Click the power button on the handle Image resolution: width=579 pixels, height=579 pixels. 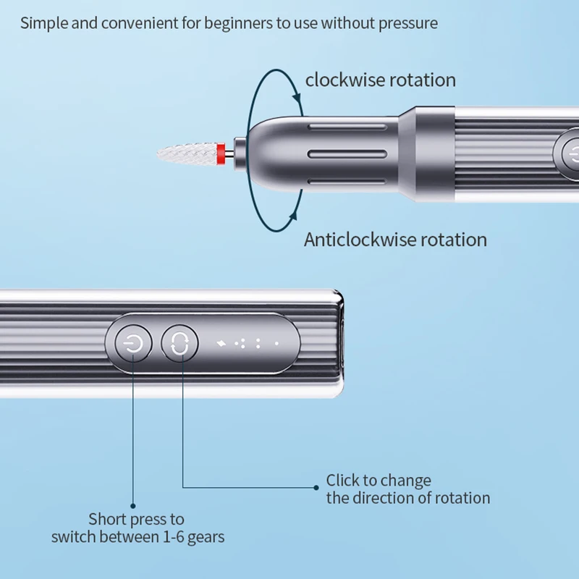133,344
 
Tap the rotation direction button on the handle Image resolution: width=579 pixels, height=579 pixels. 179,344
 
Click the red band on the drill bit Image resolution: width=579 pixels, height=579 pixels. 221,154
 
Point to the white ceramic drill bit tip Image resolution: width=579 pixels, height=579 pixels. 187,153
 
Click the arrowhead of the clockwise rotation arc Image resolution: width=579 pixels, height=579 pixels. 297,98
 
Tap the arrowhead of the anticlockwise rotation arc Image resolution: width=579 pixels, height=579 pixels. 294,215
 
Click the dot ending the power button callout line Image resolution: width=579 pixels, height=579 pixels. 133,506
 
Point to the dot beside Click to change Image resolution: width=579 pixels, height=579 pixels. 316,488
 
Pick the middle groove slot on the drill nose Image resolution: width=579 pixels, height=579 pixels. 347,154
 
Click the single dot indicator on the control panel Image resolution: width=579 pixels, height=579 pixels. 276,344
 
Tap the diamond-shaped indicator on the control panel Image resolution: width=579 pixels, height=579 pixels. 221,344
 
